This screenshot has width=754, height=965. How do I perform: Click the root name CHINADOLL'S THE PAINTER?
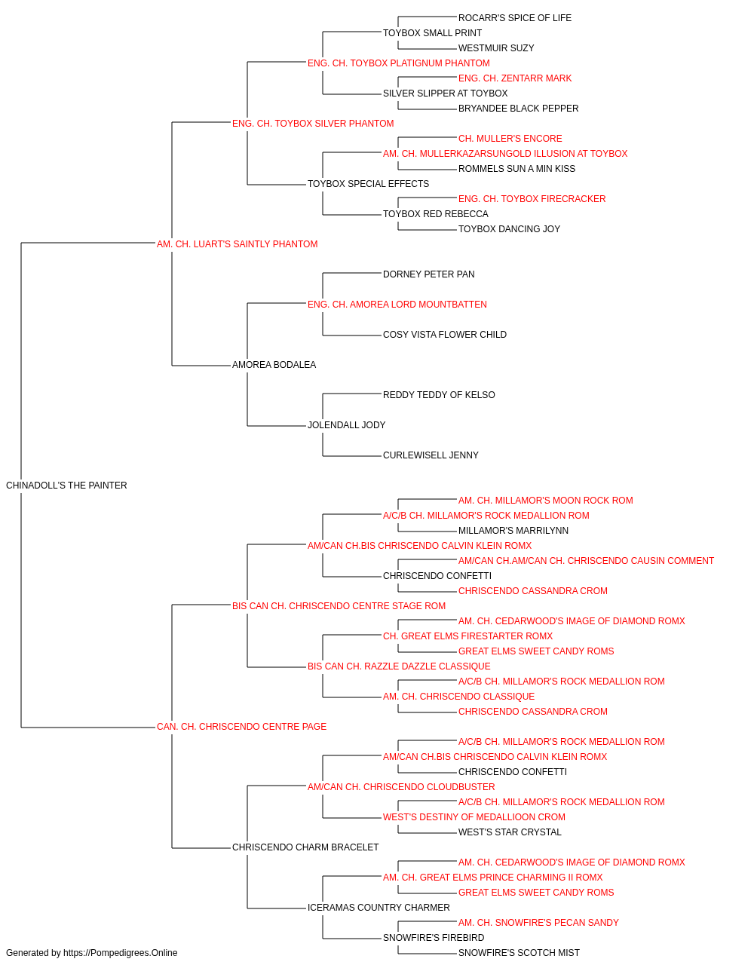66,486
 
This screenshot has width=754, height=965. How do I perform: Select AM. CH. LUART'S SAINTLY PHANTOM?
237,244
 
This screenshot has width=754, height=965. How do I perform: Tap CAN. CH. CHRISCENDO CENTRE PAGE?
241,727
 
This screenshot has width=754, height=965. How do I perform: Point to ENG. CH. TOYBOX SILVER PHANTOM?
313,124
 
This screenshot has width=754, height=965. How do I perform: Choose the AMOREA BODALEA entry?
274,365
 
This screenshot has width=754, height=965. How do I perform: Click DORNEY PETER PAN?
428,274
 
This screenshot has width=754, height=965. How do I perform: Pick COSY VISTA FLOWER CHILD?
445,335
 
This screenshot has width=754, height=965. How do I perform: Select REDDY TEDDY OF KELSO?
439,395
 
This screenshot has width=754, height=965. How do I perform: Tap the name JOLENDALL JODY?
346,425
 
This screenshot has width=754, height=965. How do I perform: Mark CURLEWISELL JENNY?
431,455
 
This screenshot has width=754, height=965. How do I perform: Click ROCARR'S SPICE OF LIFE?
515,18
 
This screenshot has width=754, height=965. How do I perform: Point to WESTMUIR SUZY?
496,48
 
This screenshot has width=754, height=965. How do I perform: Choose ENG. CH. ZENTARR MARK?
515,78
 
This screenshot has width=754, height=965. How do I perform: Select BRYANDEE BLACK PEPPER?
518,109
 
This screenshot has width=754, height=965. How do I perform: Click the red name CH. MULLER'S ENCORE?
510,139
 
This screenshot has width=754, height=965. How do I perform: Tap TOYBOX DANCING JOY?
509,229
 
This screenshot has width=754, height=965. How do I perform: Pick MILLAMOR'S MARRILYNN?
513,531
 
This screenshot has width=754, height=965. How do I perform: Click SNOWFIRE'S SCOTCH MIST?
519,953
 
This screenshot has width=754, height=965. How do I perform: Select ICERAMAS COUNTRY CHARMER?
379,907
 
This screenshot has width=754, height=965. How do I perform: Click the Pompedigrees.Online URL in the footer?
121,953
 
